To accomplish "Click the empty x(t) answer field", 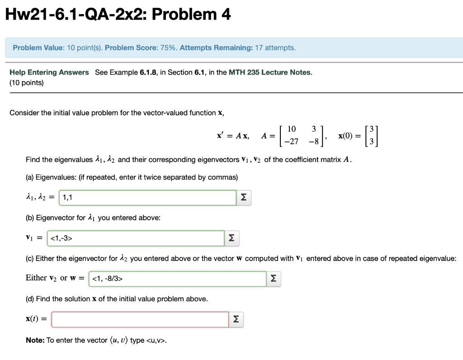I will point(140,319).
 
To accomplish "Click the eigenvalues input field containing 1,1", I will point(147,197).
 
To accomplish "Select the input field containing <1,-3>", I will point(136,238).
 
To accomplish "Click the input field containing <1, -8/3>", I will point(178,279).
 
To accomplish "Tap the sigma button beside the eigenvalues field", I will point(244,198).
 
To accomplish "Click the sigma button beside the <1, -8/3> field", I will point(274,279).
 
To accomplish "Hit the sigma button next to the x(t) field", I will point(236,320).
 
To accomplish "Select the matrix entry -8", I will point(313,141).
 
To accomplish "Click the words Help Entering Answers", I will point(49,72).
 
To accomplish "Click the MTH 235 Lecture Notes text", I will point(270,72).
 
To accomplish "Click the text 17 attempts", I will point(275,48).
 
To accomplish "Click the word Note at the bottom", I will point(34,340).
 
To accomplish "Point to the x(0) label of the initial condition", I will point(348,136).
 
